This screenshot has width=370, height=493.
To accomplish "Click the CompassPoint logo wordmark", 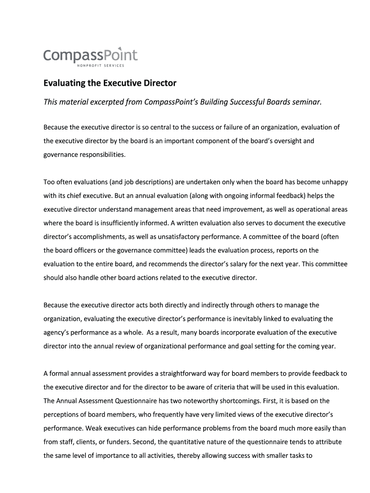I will click(x=90, y=55).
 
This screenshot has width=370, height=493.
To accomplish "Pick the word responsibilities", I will click(x=99, y=155).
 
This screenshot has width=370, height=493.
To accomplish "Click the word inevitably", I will click(x=254, y=318).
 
